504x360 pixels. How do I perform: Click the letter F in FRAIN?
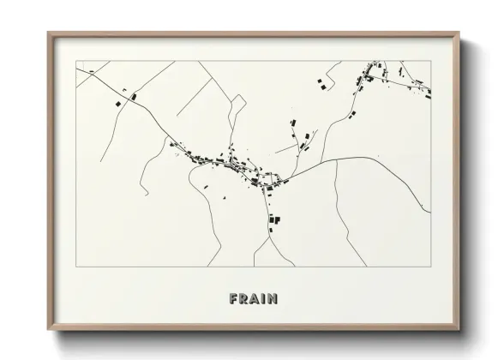tap(234, 299)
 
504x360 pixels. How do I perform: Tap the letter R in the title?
tap(244, 299)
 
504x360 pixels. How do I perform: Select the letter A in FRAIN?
tap(255, 299)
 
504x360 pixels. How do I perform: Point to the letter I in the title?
tap(264, 299)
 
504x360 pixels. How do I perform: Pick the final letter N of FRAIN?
tap(273, 299)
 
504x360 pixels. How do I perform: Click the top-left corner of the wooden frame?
tap(48, 33)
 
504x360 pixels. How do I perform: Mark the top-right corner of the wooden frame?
tap(459, 33)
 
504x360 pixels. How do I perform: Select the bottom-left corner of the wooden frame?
tap(48, 332)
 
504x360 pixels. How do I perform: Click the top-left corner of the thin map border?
tap(76, 61)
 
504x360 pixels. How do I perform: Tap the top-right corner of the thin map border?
tap(430, 61)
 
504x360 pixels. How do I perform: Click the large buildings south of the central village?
tap(275, 219)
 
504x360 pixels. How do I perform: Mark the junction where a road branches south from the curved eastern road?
tap(336, 159)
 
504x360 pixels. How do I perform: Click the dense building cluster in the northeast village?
tap(369, 78)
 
